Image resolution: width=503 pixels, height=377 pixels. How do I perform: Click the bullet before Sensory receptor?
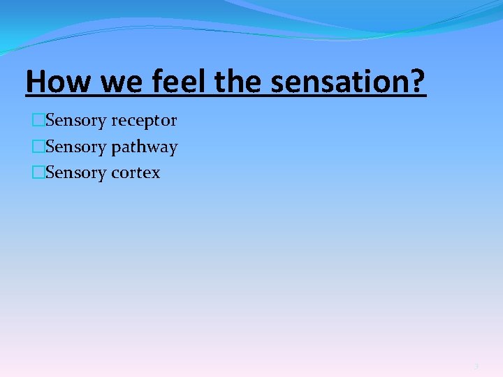38,121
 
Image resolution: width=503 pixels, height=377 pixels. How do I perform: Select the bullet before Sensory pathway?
38,147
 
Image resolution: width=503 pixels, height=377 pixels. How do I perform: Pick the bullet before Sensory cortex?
38,173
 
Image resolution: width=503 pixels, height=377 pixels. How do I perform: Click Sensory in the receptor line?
75,121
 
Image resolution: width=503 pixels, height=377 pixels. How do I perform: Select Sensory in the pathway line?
75,147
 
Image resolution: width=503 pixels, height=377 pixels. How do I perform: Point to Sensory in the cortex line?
75,173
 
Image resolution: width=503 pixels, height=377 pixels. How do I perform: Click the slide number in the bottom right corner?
476,366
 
